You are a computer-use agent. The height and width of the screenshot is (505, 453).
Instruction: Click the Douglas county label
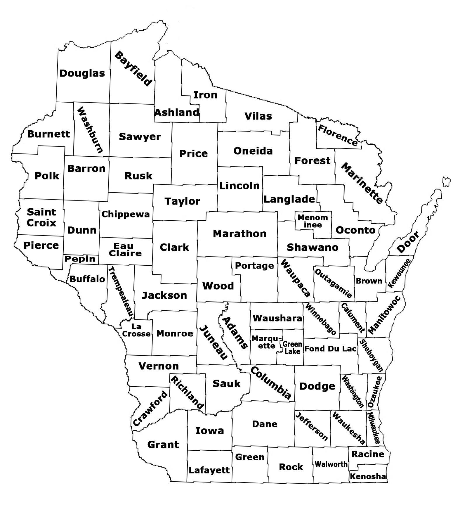(x=82, y=73)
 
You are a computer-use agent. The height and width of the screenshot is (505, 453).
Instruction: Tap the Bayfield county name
(x=133, y=68)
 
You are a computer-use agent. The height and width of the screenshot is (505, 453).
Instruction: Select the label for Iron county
(x=205, y=95)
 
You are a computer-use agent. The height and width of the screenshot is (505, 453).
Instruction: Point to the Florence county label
(x=338, y=135)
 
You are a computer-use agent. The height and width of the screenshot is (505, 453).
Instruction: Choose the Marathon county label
(x=239, y=234)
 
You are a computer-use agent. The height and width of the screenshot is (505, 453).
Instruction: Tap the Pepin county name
(x=80, y=259)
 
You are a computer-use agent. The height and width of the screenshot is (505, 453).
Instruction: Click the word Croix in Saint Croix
(x=41, y=223)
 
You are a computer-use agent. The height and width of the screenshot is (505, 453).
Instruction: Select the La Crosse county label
(x=136, y=330)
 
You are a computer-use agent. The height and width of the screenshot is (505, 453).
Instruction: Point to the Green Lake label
(x=292, y=347)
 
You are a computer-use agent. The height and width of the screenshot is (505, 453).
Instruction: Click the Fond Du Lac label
(x=330, y=349)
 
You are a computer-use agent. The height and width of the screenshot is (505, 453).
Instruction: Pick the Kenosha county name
(x=368, y=476)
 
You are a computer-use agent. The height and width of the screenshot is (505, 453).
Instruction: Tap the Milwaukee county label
(x=374, y=428)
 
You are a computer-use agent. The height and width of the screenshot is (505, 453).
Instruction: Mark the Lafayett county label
(x=209, y=470)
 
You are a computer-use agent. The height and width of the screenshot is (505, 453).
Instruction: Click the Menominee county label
(x=313, y=221)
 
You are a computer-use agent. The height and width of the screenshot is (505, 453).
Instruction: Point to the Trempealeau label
(x=121, y=292)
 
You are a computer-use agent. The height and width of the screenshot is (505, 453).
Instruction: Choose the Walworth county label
(x=331, y=464)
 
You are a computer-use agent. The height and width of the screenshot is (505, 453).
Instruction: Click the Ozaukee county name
(x=374, y=392)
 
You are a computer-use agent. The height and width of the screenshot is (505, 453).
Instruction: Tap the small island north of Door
(x=446, y=181)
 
